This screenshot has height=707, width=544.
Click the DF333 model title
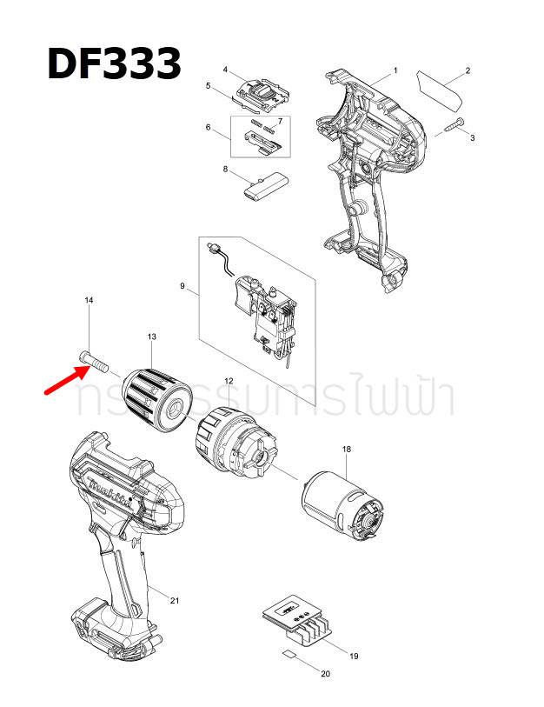click(114, 64)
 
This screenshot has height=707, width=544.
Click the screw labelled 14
click(92, 357)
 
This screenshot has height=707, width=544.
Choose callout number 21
click(175, 601)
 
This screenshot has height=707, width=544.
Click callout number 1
click(395, 70)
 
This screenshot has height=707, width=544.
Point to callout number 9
click(182, 285)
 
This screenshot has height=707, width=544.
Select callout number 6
click(209, 128)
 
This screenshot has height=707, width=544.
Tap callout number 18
click(347, 449)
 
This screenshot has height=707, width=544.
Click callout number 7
click(280, 119)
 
